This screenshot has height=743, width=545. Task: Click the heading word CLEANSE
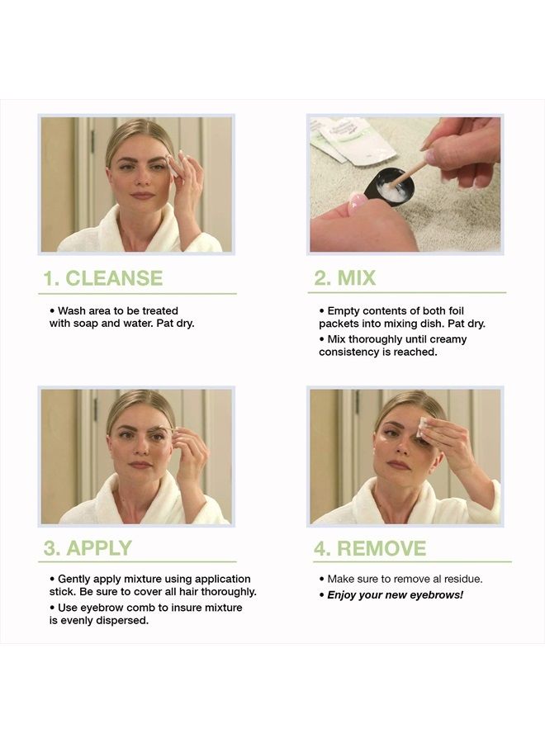pyautogui.click(x=114, y=278)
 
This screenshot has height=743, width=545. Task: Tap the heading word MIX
pyautogui.click(x=357, y=278)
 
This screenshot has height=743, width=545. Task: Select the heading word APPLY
pyautogui.click(x=99, y=548)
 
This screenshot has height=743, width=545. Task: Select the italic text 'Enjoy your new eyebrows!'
pyautogui.click(x=395, y=594)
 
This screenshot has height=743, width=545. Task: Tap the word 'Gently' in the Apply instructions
pyautogui.click(x=75, y=579)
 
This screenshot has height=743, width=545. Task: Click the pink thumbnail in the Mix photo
pyautogui.click(x=357, y=200)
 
